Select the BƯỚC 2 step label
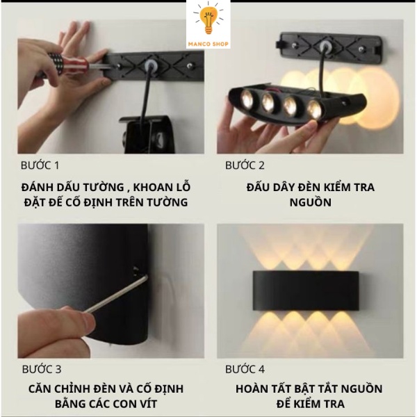[x=245, y=165]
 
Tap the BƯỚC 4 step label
[x=245, y=369]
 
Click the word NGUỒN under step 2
[x=309, y=202]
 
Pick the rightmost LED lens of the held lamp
[x=313, y=108]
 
